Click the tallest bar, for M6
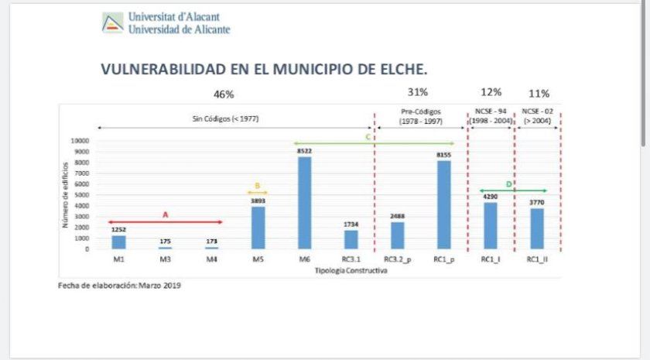[304, 203]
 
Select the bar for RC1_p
[443, 205]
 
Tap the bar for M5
[258, 228]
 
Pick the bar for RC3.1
[351, 239]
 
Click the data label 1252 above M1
[118, 229]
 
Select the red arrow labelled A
[165, 222]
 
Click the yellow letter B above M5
[258, 186]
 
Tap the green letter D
[508, 184]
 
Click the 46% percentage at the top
[224, 94]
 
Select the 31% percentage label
[418, 92]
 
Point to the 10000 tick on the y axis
[80, 141]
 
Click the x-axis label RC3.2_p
[397, 259]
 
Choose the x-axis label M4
[211, 259]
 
